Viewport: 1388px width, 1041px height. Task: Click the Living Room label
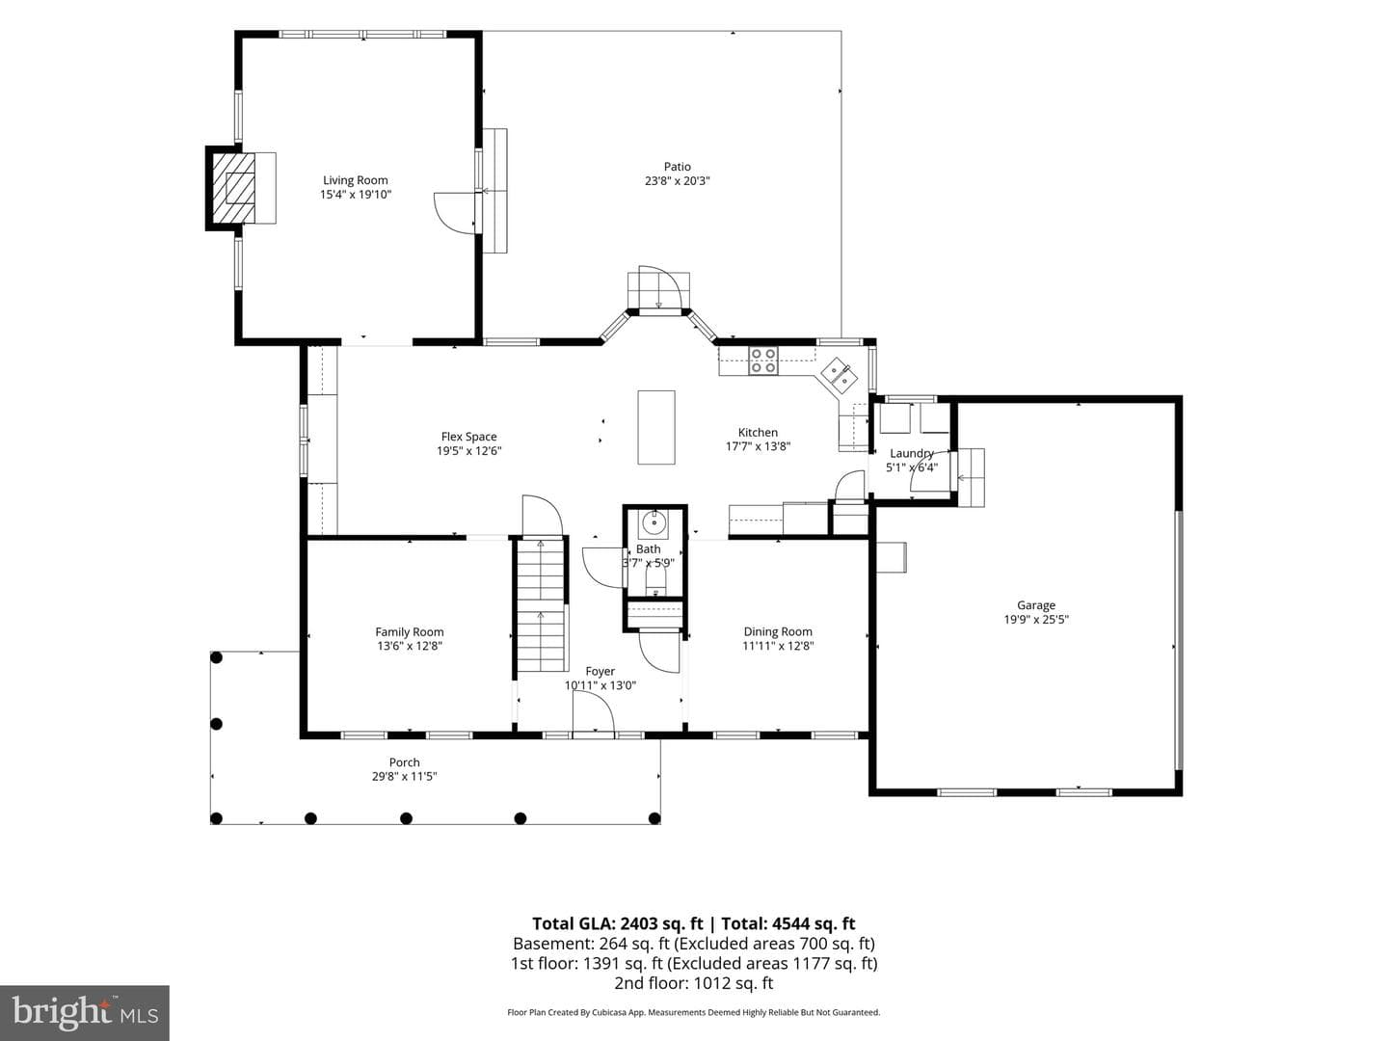[x=356, y=180]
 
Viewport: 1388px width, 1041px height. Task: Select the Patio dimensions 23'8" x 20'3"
[x=678, y=181]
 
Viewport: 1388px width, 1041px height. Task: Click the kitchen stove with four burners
[x=763, y=360]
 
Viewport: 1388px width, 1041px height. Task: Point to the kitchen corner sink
[x=840, y=374]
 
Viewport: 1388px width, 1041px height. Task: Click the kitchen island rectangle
[x=656, y=427]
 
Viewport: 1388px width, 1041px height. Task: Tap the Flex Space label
[x=468, y=437]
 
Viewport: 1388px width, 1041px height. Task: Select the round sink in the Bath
[x=653, y=522]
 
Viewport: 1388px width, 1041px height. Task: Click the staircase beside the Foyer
[x=541, y=605]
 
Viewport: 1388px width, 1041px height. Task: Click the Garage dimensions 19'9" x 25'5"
[x=1036, y=620]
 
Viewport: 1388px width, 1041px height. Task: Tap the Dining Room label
[x=778, y=631]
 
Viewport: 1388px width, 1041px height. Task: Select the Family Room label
[x=409, y=632]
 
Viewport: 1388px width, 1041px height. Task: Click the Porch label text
[x=404, y=762]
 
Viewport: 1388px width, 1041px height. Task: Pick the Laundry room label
[x=911, y=453]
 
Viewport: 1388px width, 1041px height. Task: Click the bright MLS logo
[x=85, y=1013]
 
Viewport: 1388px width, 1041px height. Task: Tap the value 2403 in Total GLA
[x=640, y=924]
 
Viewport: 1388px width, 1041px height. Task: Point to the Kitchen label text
[x=758, y=433]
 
